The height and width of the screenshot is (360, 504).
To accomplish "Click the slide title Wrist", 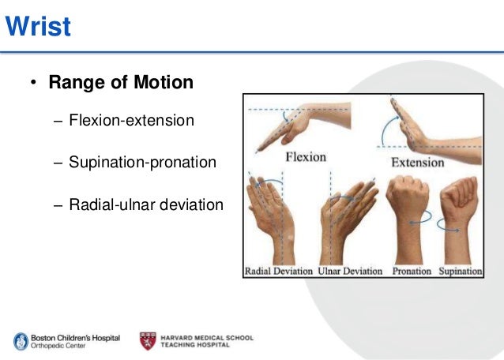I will [38, 28].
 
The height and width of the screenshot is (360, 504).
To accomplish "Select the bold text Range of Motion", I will [121, 83].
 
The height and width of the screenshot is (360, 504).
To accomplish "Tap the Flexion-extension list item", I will [131, 122].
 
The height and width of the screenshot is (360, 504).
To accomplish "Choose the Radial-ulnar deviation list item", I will [146, 204].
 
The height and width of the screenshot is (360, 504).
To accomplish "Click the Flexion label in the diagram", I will [305, 156].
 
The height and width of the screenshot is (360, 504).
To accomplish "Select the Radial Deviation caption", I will [279, 272].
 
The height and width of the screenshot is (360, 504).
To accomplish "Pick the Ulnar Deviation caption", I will [350, 272].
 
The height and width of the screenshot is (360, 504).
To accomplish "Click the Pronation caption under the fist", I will [412, 272].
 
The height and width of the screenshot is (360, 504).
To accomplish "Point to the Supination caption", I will [461, 272].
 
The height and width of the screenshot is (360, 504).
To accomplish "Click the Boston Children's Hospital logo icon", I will [20, 341].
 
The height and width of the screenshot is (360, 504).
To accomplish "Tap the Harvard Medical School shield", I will [148, 341].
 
